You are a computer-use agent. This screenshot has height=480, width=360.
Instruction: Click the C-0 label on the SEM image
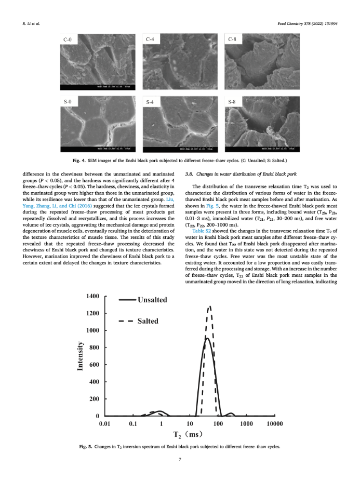point(67,39)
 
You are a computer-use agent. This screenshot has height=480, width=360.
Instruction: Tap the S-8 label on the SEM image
point(232,101)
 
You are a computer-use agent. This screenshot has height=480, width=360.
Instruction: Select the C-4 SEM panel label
point(150,39)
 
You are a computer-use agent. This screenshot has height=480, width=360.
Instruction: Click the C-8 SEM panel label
point(232,39)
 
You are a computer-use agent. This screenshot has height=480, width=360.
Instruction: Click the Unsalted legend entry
point(152,300)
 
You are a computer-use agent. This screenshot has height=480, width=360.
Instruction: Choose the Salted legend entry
point(148,321)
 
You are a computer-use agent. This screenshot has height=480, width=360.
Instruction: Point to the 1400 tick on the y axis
point(91,296)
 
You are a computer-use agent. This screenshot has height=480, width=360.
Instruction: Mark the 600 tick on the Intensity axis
point(93,365)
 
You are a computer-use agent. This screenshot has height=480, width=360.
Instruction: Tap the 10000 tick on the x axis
point(274,424)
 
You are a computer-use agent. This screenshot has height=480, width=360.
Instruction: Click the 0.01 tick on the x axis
point(105,424)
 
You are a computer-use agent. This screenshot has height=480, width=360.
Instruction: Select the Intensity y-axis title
point(80,355)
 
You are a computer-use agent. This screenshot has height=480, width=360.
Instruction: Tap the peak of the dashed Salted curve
point(209,306)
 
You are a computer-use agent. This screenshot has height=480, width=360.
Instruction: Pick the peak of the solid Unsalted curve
point(207,338)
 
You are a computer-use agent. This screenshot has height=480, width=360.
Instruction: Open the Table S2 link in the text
point(200,231)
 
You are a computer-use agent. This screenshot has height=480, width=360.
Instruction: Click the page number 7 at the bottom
point(180,459)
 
